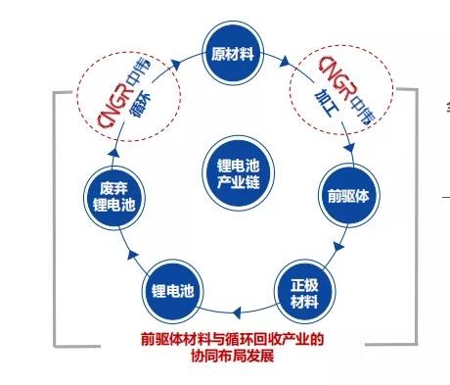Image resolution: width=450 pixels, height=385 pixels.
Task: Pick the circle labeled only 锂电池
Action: point(170,291)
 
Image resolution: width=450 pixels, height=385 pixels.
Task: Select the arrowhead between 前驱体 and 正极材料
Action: point(338,245)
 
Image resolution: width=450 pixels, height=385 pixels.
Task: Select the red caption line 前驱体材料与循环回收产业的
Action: point(232,340)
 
